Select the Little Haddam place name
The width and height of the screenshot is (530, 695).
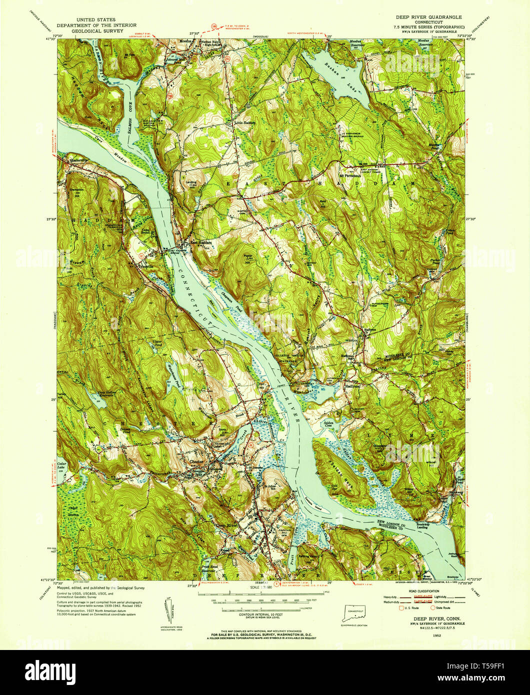(245, 122)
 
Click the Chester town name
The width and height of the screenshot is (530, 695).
(197, 461)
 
